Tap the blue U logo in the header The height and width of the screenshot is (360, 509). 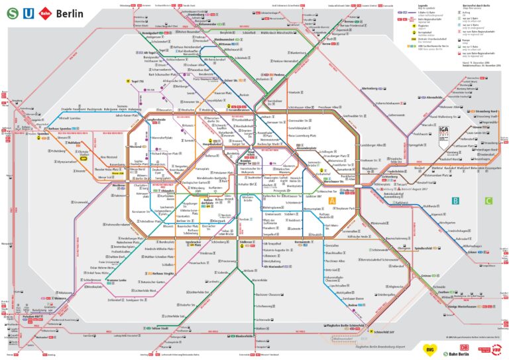click(27, 12)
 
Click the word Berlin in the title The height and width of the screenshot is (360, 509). click(70, 13)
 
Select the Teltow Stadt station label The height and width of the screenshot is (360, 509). click(162, 328)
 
